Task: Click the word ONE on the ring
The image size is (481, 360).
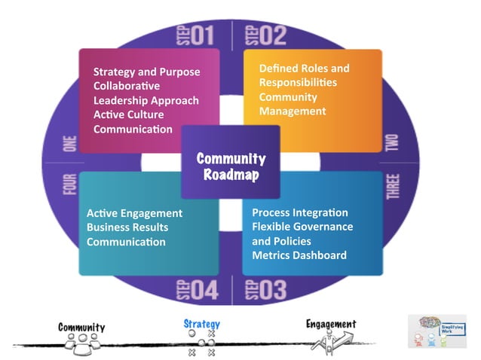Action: [69, 143]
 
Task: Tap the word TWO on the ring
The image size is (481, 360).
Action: [392, 142]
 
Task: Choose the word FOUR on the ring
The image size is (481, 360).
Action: [69, 185]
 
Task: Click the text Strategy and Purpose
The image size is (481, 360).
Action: [146, 72]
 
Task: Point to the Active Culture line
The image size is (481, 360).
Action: [128, 114]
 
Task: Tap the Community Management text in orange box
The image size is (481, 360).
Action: [293, 104]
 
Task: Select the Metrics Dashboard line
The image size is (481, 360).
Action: [299, 255]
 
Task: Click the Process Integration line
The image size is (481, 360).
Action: [300, 212]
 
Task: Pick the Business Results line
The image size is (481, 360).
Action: [127, 227]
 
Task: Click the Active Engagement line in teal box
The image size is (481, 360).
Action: [134, 213]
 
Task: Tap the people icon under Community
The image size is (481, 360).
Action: [81, 341]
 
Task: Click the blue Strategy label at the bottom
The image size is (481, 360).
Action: [201, 324]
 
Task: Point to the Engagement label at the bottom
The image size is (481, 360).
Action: [331, 324]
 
